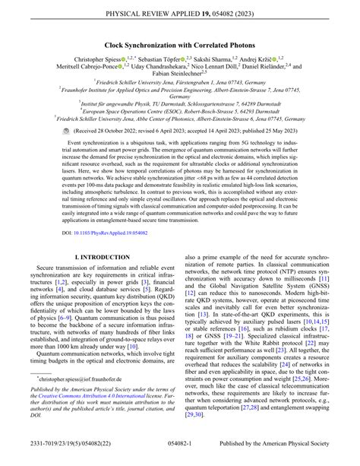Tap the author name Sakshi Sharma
[x=216, y=59]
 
